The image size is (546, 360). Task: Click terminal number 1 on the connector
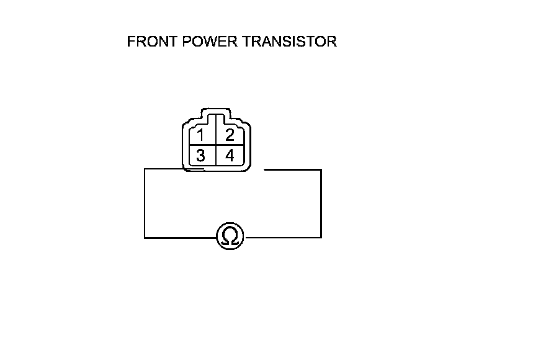click(200, 135)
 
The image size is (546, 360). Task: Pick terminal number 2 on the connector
click(230, 135)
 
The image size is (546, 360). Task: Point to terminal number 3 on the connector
click(200, 155)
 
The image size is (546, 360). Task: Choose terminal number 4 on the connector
click(230, 155)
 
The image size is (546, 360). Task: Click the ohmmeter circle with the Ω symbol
click(230, 237)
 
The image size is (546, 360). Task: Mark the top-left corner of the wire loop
click(145, 169)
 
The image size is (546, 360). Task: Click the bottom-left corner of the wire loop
click(145, 237)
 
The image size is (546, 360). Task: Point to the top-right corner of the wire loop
click(321, 169)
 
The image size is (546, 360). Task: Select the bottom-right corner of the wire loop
click(321, 237)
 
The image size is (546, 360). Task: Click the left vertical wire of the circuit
click(145, 203)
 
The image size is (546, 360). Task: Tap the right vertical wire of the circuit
click(321, 203)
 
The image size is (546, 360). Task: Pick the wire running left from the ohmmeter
click(180, 237)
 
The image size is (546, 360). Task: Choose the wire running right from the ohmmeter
click(282, 237)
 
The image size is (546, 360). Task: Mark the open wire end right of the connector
click(265, 169)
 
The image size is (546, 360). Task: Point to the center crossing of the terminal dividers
click(215, 146)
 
